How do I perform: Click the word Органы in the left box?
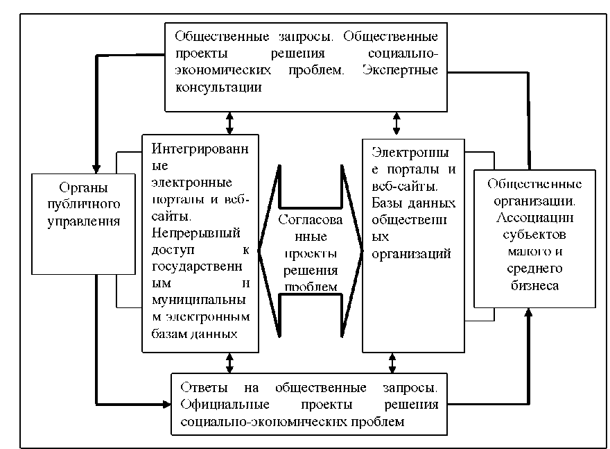click(83, 188)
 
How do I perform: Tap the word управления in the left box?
click(83, 222)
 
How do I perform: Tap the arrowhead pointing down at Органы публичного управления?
click(97, 168)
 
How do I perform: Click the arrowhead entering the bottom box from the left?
click(166, 403)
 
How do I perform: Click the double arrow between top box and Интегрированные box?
click(229, 123)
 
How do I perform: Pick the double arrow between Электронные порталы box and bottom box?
click(392, 362)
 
